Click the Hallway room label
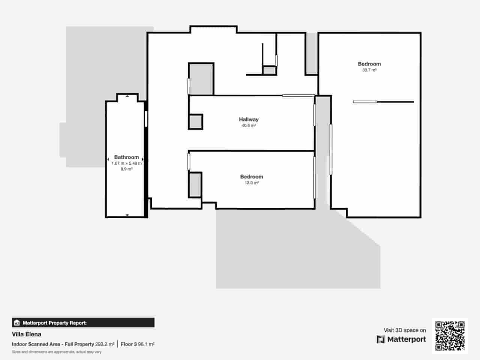249,119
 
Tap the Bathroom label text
126,157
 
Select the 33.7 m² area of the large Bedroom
369,70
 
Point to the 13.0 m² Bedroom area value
252,183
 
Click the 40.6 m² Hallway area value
249,126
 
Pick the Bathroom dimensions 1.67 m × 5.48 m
126,163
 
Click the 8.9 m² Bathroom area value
126,169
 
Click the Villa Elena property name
27,334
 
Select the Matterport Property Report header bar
83,322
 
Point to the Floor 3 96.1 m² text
138,344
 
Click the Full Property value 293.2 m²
105,344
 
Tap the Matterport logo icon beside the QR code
381,339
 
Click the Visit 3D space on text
405,330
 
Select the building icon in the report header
17,322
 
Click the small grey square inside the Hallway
195,122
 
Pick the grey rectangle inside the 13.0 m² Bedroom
195,185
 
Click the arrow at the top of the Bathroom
127,96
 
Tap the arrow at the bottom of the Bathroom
127,215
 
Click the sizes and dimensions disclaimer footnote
57,352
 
